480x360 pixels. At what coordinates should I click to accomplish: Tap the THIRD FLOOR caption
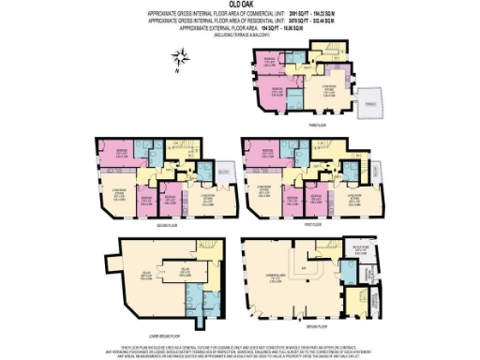[x=316, y=123]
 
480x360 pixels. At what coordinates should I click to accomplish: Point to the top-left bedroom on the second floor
[x=120, y=151]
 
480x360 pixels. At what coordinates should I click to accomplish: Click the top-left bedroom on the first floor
[x=266, y=151]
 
